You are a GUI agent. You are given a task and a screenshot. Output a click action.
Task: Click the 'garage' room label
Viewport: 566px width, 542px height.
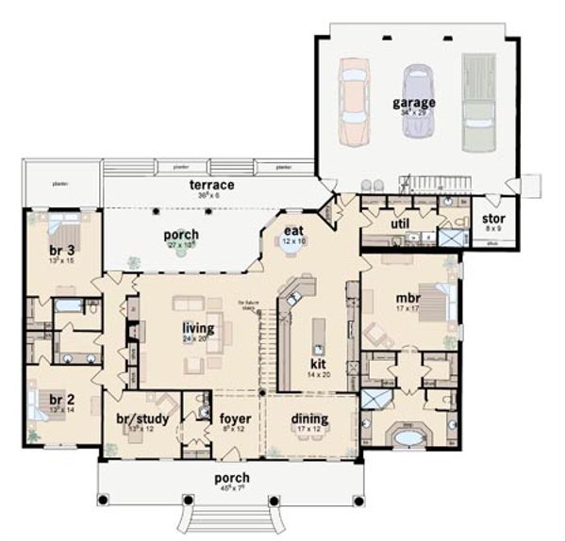click(x=415, y=102)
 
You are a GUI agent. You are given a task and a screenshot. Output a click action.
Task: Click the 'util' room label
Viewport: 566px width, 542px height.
click(x=398, y=223)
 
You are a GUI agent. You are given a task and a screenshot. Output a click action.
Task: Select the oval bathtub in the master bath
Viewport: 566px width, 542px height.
click(x=408, y=437)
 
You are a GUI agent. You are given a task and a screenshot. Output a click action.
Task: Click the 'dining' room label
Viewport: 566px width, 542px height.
click(x=310, y=419)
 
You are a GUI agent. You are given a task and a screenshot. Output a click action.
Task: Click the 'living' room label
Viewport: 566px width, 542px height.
click(x=197, y=328)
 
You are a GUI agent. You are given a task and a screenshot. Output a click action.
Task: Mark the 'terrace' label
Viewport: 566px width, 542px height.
click(x=210, y=185)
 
